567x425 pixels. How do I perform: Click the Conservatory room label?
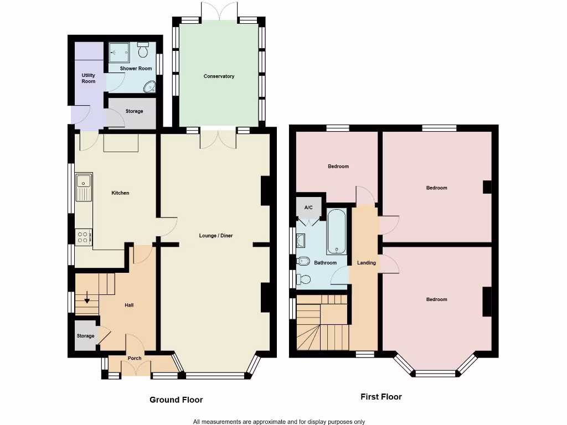point(219,76)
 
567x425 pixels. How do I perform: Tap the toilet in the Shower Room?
point(143,51)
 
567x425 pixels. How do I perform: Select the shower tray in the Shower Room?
point(118,53)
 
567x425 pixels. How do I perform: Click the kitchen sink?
point(84,186)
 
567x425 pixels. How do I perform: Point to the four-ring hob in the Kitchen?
point(84,237)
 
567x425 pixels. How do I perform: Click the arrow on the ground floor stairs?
point(87,301)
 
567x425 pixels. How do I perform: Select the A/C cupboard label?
point(308,208)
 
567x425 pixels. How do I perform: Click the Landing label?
point(367,263)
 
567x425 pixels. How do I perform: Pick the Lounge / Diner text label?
point(216,236)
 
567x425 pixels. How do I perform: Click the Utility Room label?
point(89,79)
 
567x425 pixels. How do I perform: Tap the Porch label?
point(135,358)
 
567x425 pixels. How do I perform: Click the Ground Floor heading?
point(176,400)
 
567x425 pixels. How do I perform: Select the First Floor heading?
point(381,397)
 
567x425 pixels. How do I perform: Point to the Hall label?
point(128,305)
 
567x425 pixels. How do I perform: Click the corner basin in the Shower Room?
point(149,87)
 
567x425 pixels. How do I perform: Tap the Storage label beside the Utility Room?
point(134,111)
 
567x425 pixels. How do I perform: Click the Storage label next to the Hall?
point(85,336)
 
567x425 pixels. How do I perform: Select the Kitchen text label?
point(120,193)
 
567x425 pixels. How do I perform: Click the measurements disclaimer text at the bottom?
point(279,422)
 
